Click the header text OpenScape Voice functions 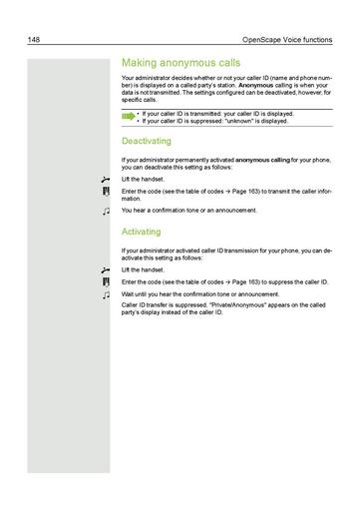click(x=290, y=40)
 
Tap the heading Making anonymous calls click(x=180, y=60)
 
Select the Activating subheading click(x=141, y=231)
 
